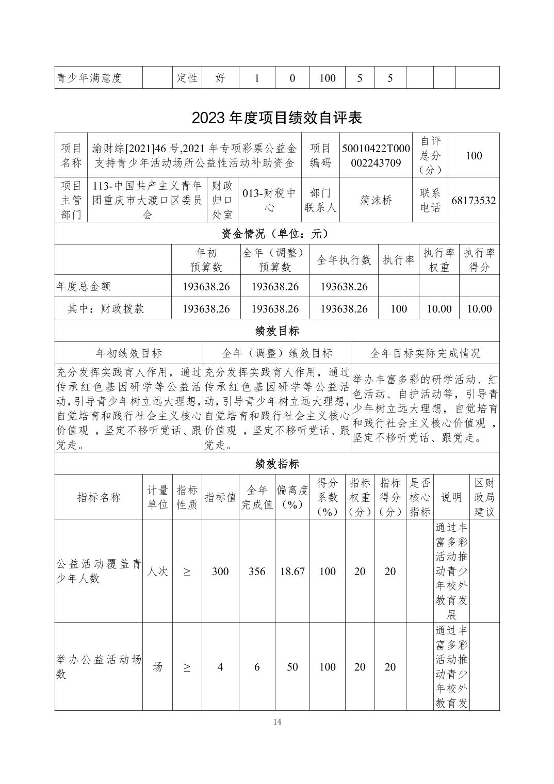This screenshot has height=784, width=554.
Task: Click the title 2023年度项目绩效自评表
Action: [x=276, y=118]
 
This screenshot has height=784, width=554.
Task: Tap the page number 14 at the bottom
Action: [x=277, y=722]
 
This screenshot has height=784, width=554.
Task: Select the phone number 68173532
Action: [x=474, y=200]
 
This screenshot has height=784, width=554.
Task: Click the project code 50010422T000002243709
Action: [x=376, y=155]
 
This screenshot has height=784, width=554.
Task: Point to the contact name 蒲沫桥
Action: [x=376, y=200]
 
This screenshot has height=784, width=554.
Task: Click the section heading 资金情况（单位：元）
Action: [x=276, y=234]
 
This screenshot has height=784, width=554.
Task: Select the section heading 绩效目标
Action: [x=276, y=331]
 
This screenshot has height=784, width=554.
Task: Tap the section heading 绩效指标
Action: [x=276, y=464]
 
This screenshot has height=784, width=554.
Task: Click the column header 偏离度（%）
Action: [x=292, y=497]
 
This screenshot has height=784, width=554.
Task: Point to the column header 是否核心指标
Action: [x=420, y=497]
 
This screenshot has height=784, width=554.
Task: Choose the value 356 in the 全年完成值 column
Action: [x=257, y=571]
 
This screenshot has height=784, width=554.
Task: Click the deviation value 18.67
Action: [x=292, y=571]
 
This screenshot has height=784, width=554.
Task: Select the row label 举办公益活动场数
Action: [x=99, y=666]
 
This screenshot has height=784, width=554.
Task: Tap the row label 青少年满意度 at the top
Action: [x=89, y=78]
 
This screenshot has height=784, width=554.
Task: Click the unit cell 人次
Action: [x=157, y=571]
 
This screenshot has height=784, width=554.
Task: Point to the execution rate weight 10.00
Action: [x=439, y=309]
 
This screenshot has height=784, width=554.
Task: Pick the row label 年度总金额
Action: [x=84, y=286]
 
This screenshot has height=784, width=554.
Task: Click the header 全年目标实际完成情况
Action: [x=425, y=353]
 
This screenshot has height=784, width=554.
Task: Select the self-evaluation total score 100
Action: [x=474, y=155]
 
